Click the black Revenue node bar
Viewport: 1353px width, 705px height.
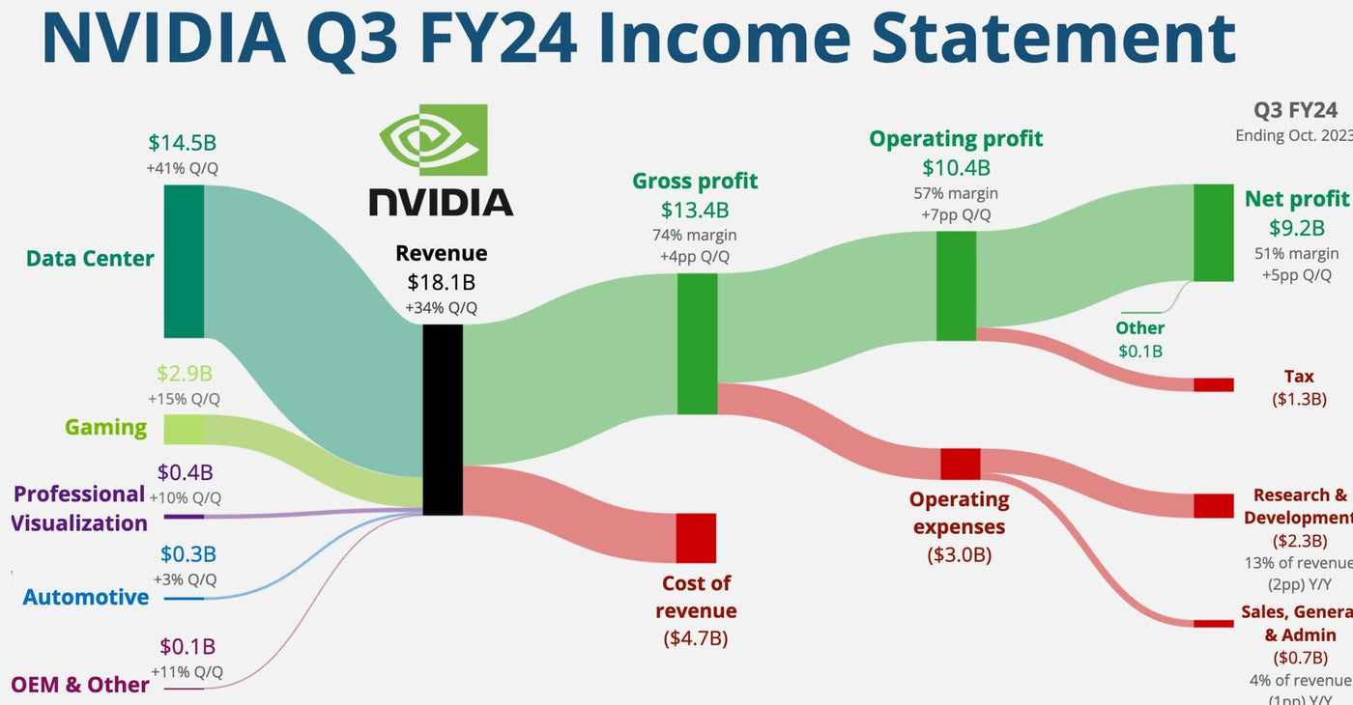tap(443, 419)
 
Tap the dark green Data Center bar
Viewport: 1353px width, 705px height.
tap(184, 261)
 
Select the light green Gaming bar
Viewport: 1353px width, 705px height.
tap(184, 429)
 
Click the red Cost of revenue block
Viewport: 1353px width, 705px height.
tap(696, 538)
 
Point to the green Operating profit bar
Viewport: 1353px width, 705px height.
tap(956, 286)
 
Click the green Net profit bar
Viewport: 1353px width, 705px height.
tap(1213, 233)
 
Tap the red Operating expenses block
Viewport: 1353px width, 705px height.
tap(961, 464)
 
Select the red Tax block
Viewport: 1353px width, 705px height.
tap(1213, 384)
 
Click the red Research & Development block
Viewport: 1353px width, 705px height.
tap(1213, 505)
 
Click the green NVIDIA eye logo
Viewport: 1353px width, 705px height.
tap(433, 140)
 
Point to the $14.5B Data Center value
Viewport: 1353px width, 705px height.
tap(183, 143)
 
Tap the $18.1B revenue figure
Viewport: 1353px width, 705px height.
tap(441, 282)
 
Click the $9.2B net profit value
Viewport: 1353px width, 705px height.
tap(1296, 228)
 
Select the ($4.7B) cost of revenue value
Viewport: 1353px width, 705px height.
tap(696, 637)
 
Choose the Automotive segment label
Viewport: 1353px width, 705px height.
tap(86, 597)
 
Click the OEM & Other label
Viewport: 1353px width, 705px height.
tap(80, 685)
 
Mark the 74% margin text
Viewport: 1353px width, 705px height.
tap(695, 235)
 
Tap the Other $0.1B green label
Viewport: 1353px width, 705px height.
tap(1140, 338)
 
